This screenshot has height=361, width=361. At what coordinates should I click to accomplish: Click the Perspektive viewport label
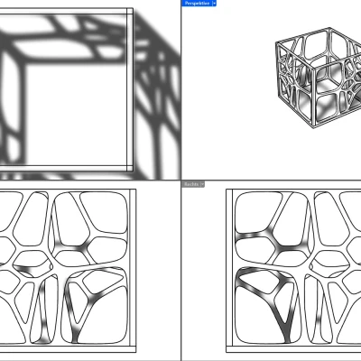(x=198, y=4)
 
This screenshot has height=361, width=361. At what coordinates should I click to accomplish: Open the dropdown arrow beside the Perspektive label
(x=214, y=4)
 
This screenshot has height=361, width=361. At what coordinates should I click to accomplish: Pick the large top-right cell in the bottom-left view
(x=99, y=217)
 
